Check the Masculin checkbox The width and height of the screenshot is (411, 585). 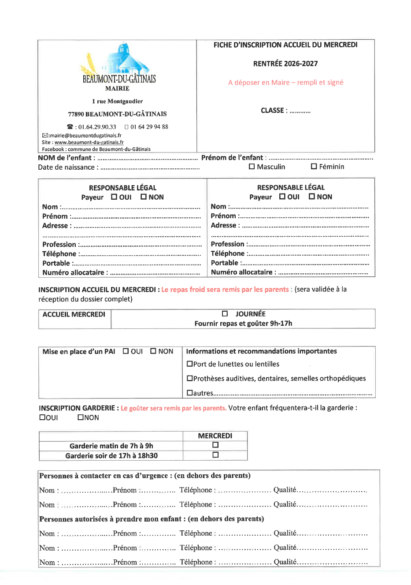pos(252,167)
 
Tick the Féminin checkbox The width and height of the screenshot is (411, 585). pos(314,167)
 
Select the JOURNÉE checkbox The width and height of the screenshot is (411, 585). pos(225,314)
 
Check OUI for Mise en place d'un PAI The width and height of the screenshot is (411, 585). pos(126,351)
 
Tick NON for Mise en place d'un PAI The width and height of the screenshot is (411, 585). pos(153,351)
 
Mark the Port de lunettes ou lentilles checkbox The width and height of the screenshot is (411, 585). pos(189,364)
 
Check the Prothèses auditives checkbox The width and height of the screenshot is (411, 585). pos(189,379)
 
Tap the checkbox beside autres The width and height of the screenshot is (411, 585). pos(189,393)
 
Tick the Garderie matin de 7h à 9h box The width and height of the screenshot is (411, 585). pos(215,445)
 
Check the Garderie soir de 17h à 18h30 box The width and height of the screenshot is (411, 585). pos(215,455)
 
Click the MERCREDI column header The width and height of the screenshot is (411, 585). pos(215,436)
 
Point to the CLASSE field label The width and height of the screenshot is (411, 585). pos(274,111)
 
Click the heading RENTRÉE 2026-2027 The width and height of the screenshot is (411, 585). pos(285,64)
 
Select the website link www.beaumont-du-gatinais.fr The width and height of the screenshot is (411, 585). pos(89,142)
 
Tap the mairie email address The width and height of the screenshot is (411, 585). pos(85,136)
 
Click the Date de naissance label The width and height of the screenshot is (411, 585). pos(67,168)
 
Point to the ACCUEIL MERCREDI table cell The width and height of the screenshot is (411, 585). pos(74,315)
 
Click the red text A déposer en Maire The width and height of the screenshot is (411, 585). pos(285,82)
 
